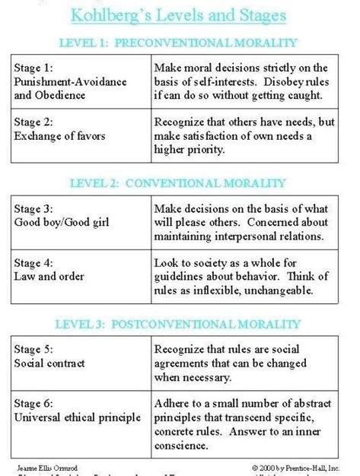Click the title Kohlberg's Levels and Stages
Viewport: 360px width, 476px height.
point(178,14)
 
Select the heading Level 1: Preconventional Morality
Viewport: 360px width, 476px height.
point(178,43)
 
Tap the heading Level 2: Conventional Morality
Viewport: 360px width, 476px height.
point(178,183)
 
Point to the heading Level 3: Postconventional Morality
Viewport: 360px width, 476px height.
point(178,325)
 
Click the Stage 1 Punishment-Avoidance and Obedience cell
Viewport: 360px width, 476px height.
point(79,82)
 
